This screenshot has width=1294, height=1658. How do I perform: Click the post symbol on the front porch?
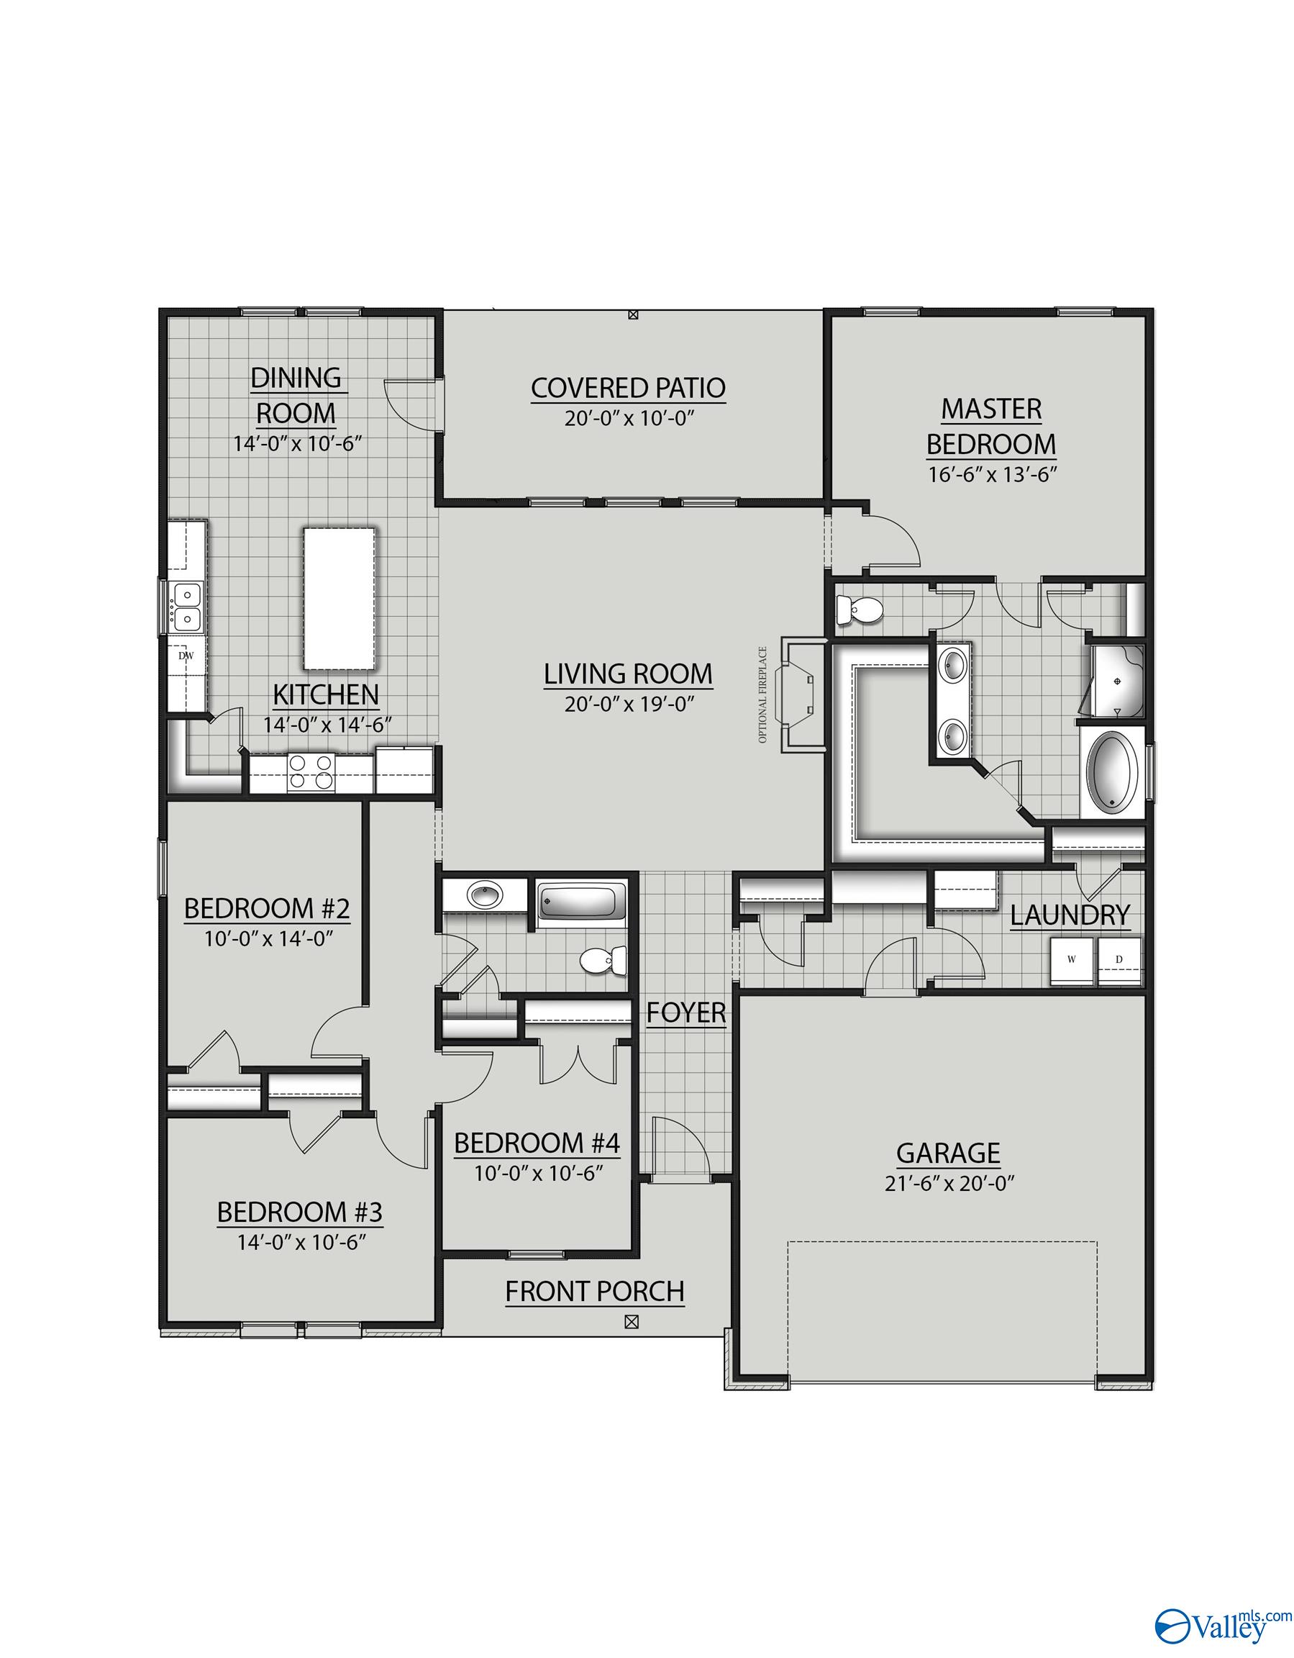coord(630,1322)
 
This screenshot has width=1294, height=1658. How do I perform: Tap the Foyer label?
coord(686,1013)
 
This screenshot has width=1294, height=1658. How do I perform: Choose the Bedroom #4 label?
coord(537,1143)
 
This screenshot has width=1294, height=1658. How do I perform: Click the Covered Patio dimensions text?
coord(629,418)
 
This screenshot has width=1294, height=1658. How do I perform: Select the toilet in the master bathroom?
coord(857,609)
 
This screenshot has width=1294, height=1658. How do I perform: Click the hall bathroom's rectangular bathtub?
coord(581,902)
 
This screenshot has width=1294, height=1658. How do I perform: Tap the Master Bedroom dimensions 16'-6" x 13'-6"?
coord(991,475)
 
